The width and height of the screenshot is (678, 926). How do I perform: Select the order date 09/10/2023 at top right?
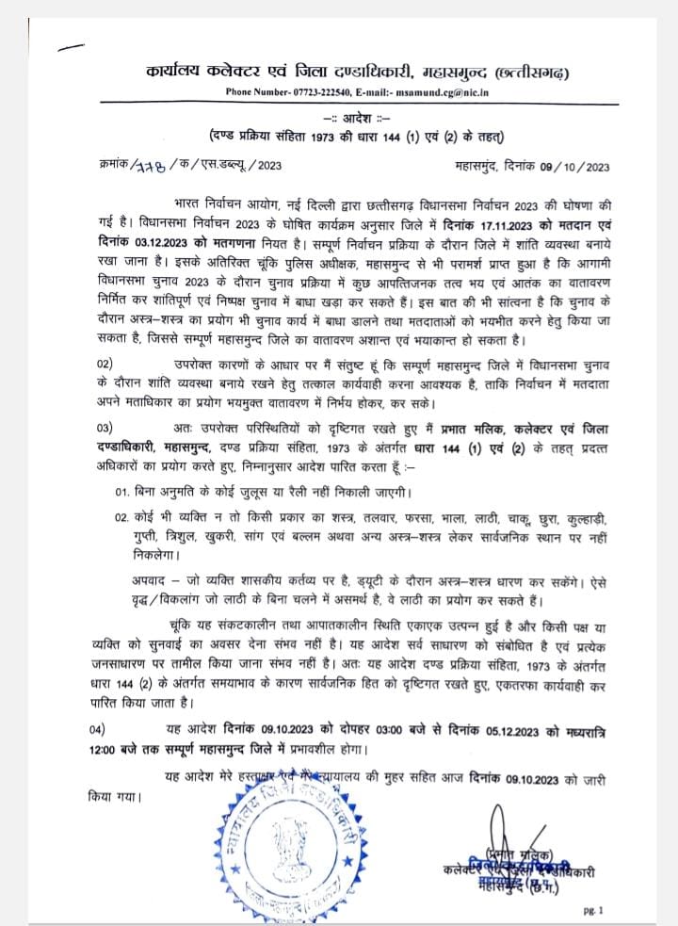point(568,165)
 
